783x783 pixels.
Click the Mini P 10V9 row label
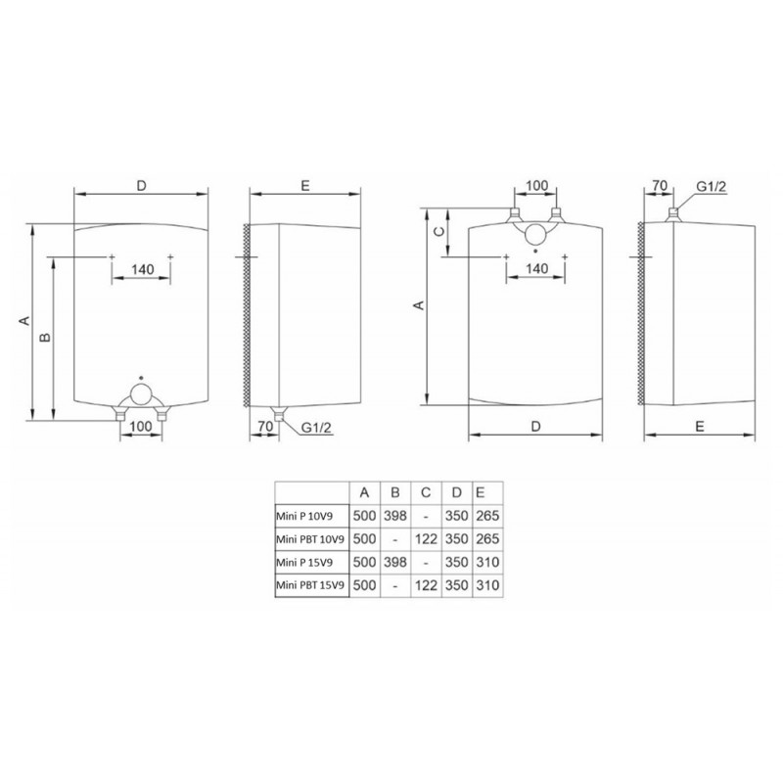point(304,517)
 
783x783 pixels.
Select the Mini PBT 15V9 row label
point(310,585)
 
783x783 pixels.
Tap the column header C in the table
point(426,493)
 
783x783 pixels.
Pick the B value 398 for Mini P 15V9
point(395,562)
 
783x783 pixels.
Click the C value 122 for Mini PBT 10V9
point(426,539)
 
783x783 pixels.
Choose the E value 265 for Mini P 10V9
point(487,516)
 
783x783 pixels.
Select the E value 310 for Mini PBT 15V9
point(487,585)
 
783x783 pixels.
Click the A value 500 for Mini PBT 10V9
point(364,539)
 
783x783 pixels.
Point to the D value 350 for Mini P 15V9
point(456,562)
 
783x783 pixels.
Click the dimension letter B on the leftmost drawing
point(45,338)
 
